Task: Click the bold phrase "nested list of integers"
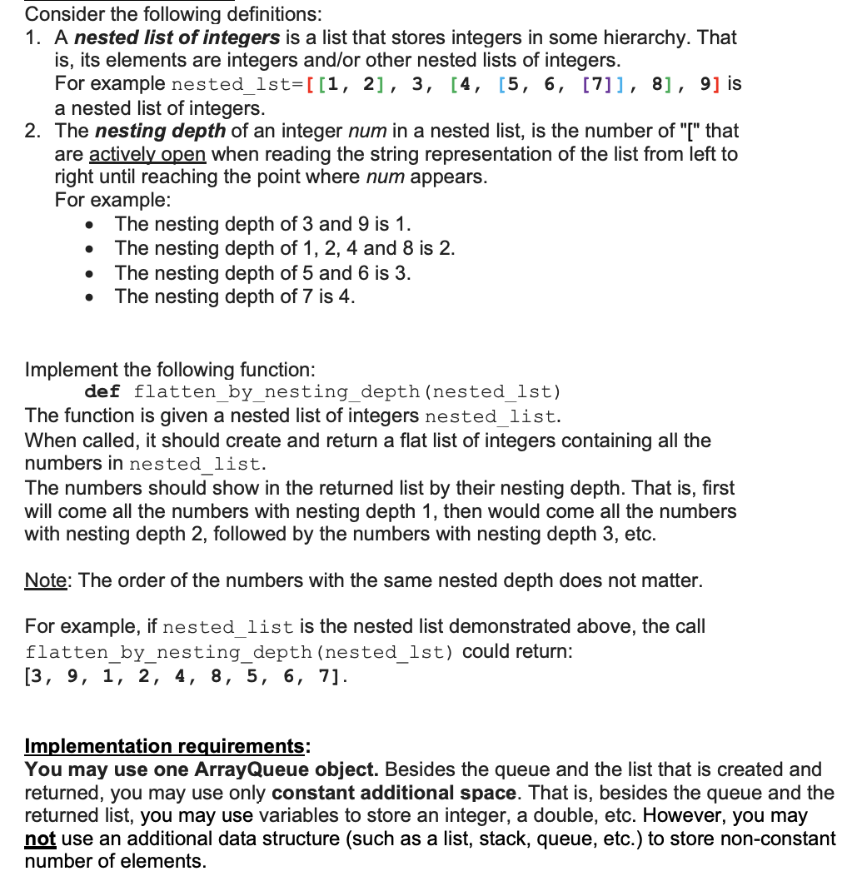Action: pos(177,37)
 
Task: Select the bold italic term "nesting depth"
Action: pos(161,132)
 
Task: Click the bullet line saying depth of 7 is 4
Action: pos(235,296)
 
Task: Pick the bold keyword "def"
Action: pos(102,392)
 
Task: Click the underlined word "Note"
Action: pos(46,580)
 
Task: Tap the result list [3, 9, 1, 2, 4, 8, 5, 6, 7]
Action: pos(184,675)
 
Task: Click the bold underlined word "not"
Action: pos(39,839)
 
